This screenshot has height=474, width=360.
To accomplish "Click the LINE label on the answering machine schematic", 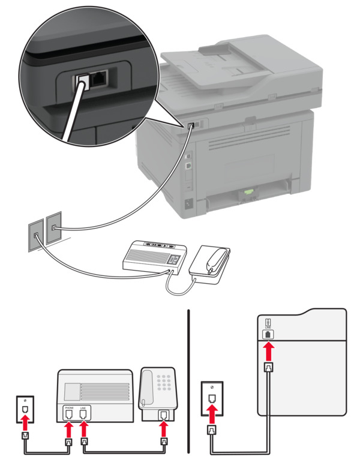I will (x=83, y=407).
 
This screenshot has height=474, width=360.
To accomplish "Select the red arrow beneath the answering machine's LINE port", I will (x=83, y=431).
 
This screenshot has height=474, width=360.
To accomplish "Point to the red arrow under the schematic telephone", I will (x=163, y=428).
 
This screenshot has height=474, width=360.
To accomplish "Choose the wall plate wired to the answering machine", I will (x=36, y=235).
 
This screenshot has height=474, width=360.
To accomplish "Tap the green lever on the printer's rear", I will (x=246, y=192).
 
